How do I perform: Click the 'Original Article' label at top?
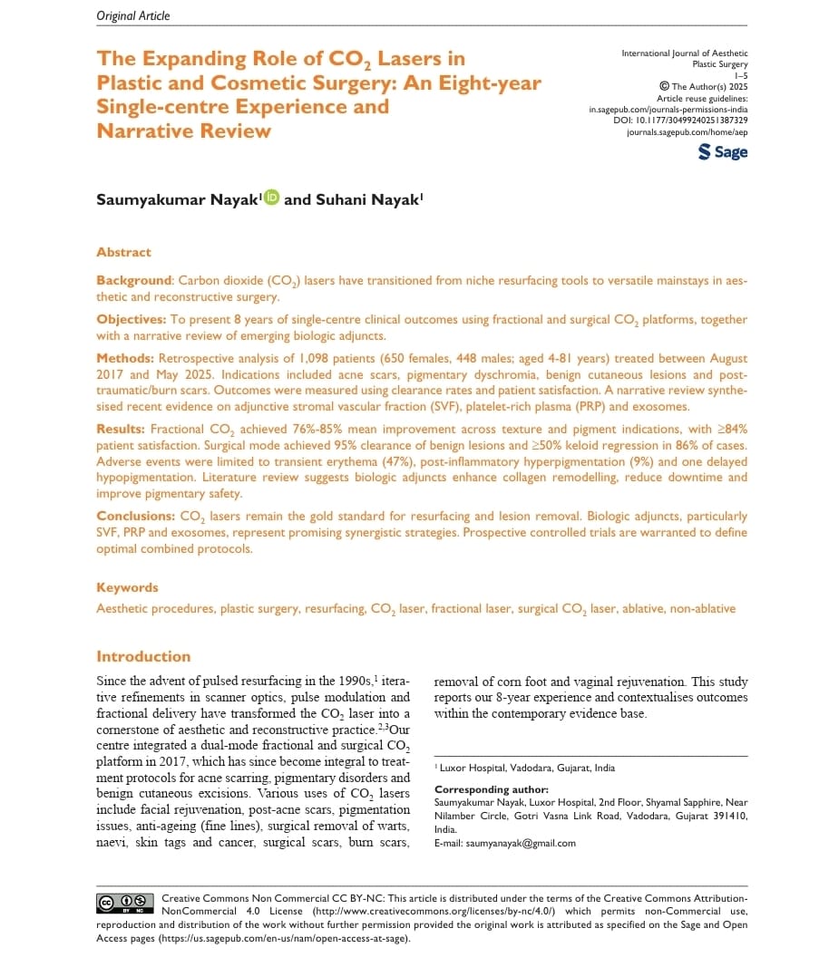(132, 15)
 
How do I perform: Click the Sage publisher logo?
(723, 152)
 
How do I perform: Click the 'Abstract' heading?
(123, 252)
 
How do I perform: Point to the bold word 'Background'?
(134, 281)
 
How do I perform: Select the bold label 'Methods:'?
(124, 359)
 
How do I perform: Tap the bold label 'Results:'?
(122, 428)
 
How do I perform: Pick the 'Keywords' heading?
(127, 587)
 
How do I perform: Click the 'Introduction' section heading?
(143, 656)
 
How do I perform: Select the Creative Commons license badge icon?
(125, 902)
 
